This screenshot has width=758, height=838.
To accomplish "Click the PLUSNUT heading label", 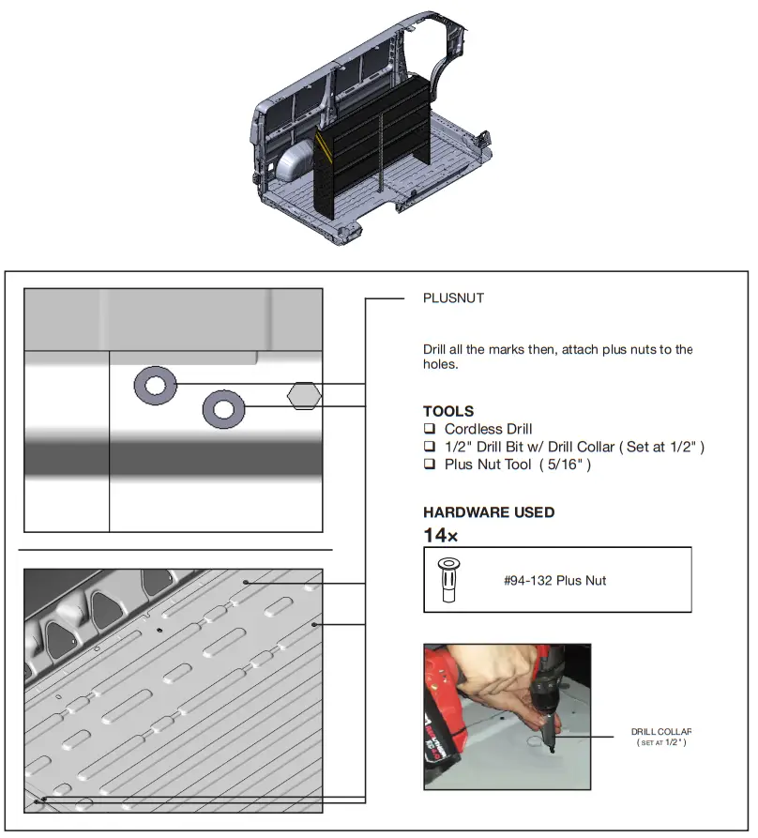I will pyautogui.click(x=453, y=298).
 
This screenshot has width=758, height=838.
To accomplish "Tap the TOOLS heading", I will pyautogui.click(x=447, y=411).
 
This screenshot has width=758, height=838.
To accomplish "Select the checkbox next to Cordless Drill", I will pyautogui.click(x=430, y=430).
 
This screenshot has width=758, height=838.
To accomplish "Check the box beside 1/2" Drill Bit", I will pyautogui.click(x=430, y=448).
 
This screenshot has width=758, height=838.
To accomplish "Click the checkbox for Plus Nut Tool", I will pyautogui.click(x=430, y=465).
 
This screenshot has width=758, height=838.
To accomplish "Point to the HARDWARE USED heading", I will pyautogui.click(x=488, y=512).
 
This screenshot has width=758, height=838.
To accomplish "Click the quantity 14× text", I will pyautogui.click(x=440, y=536).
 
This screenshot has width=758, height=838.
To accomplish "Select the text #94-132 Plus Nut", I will pyautogui.click(x=554, y=580).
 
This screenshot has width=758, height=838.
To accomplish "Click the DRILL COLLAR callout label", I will pyautogui.click(x=660, y=732).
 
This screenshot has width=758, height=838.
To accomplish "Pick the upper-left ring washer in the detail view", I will pyautogui.click(x=155, y=385).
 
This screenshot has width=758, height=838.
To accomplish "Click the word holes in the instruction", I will pyautogui.click(x=440, y=365).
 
